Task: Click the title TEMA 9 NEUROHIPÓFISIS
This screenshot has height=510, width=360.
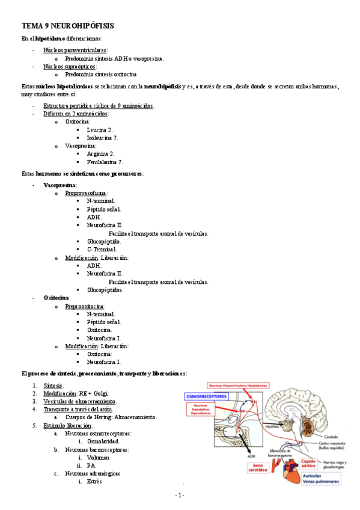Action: point(67,26)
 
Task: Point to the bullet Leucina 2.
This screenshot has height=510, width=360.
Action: point(99,129)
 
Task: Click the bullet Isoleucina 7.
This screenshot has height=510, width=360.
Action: point(102,137)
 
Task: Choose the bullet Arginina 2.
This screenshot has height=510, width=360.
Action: point(100,154)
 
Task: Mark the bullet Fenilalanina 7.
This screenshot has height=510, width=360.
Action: point(105,162)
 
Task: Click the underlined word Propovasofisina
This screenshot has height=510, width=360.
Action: point(86,193)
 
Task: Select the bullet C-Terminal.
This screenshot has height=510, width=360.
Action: point(102,249)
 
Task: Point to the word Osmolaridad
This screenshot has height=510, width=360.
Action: point(103,441)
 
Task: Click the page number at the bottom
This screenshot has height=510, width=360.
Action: point(179,495)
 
